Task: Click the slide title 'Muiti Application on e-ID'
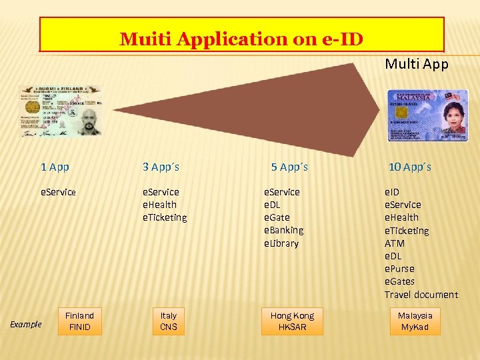[x=241, y=39]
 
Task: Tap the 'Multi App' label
[x=417, y=64]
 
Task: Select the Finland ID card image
[x=61, y=111]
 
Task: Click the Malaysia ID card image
[x=427, y=115]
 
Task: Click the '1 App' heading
[x=55, y=167]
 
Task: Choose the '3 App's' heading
[x=161, y=167]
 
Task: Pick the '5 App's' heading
[x=289, y=167]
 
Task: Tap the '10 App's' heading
[x=409, y=167]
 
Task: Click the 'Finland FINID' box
[x=79, y=321]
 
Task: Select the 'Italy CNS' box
[x=169, y=321]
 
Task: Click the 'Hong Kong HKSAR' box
[x=292, y=321]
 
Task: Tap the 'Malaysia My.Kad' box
[x=415, y=321]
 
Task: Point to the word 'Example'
[x=26, y=325]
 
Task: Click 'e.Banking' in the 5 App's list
[x=284, y=230]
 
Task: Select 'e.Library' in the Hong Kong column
[x=281, y=243]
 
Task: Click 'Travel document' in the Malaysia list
[x=421, y=295]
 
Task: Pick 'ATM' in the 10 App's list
[x=395, y=243]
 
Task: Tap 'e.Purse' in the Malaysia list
[x=399, y=269]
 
